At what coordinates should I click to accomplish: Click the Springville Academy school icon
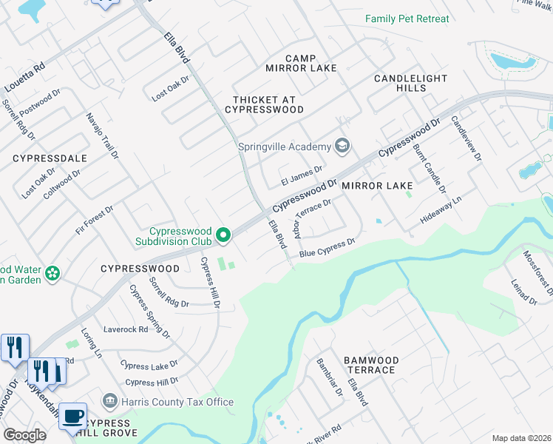(342, 146)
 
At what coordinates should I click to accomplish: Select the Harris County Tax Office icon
(109, 402)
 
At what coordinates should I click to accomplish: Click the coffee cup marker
(72, 417)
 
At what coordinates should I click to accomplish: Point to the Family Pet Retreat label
(407, 18)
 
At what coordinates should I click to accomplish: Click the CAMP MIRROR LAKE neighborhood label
(301, 63)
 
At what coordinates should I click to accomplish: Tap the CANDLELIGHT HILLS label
(410, 83)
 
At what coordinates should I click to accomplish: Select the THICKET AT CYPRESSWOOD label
(268, 104)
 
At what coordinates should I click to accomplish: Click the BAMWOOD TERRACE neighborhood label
(371, 365)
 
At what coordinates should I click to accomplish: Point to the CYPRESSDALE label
(50, 158)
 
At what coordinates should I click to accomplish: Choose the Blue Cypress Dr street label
(328, 248)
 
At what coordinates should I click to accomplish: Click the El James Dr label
(302, 175)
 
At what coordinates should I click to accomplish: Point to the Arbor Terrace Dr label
(313, 218)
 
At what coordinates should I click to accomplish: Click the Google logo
(25, 435)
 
